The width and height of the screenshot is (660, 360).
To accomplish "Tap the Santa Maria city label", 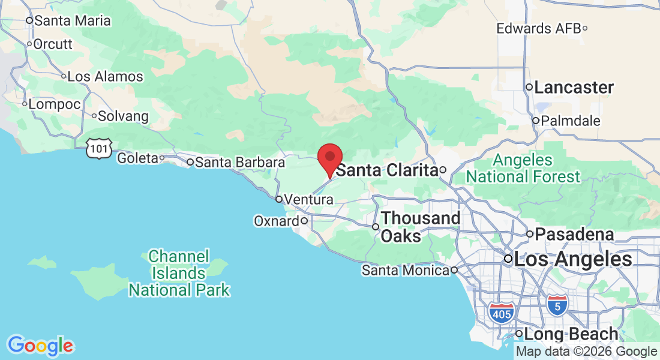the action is pyautogui.click(x=72, y=20).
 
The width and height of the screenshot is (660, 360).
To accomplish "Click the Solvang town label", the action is pyautogui.click(x=123, y=115).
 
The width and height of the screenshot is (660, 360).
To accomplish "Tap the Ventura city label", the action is pyautogui.click(x=308, y=199).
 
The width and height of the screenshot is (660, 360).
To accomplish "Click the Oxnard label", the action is pyautogui.click(x=276, y=221).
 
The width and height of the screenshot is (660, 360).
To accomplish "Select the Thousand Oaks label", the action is pyautogui.click(x=420, y=227).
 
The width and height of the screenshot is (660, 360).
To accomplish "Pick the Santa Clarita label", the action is pyautogui.click(x=386, y=170).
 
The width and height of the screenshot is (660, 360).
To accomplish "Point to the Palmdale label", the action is pyautogui.click(x=570, y=121).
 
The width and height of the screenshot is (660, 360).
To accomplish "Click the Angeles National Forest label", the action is pyautogui.click(x=523, y=169).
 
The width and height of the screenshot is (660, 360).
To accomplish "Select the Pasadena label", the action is pyautogui.click(x=574, y=234).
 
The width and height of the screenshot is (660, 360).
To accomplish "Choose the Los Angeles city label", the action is pyautogui.click(x=573, y=260).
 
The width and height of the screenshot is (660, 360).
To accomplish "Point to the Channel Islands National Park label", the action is pyautogui.click(x=179, y=274).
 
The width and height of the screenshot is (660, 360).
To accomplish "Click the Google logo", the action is pyautogui.click(x=40, y=346).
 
